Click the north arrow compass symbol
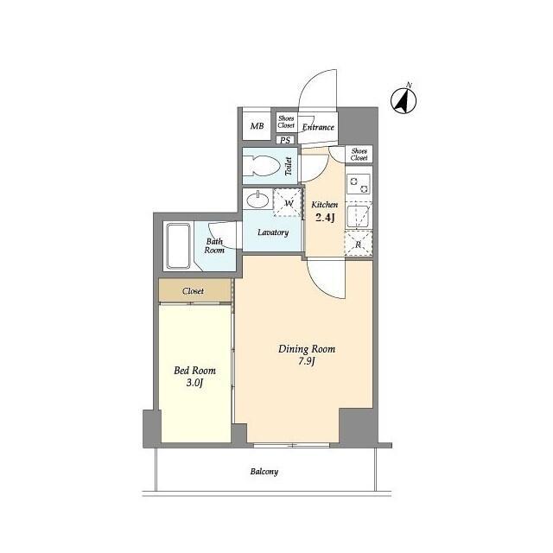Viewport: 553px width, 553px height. (x=404, y=100)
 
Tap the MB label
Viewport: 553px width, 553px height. (x=257, y=126)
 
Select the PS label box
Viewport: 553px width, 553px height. (x=285, y=140)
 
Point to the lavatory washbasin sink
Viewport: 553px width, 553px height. (x=257, y=200)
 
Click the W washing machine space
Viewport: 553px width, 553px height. (x=288, y=202)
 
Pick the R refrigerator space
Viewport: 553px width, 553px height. (x=358, y=244)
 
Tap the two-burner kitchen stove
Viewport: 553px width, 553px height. (x=359, y=184)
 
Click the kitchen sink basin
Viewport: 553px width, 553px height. (x=359, y=216)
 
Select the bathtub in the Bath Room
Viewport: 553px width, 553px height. (x=178, y=245)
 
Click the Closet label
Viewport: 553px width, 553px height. (x=193, y=291)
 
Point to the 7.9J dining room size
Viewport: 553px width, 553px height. (x=306, y=361)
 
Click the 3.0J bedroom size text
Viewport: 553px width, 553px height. (x=194, y=383)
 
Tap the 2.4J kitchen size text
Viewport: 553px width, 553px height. (x=325, y=217)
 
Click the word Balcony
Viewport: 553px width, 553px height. (x=264, y=472)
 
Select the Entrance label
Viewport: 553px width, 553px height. (x=318, y=127)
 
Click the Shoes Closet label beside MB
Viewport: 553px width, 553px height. (x=286, y=122)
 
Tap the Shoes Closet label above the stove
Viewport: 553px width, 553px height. (x=359, y=155)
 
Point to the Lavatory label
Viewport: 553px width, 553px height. (x=273, y=232)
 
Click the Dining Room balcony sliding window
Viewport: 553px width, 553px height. (x=292, y=446)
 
